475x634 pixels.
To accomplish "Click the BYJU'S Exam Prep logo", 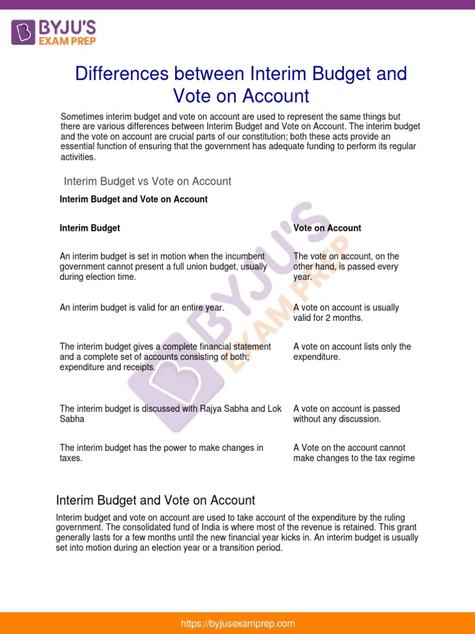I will point(53,32).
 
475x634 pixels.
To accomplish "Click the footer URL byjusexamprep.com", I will point(237,623).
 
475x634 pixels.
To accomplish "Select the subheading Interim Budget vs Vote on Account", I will point(148,181).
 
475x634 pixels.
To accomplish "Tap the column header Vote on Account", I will point(327,228).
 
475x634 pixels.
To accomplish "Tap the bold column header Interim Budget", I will point(90,228).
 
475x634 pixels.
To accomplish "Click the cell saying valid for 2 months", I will point(346,313).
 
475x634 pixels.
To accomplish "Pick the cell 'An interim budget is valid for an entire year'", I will point(142,308).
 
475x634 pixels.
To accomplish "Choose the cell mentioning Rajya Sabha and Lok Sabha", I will point(170,414).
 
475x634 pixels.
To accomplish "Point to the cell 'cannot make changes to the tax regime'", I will point(354,453).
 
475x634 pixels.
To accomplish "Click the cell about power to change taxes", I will point(161,453).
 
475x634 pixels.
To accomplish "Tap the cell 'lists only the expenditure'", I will point(352,352).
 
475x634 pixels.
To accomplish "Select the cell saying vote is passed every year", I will point(346,267).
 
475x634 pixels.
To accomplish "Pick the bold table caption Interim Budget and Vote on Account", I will point(134,199).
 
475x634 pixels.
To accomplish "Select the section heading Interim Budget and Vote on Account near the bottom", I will point(155,500).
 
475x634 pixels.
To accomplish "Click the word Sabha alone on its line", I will point(72,419).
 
